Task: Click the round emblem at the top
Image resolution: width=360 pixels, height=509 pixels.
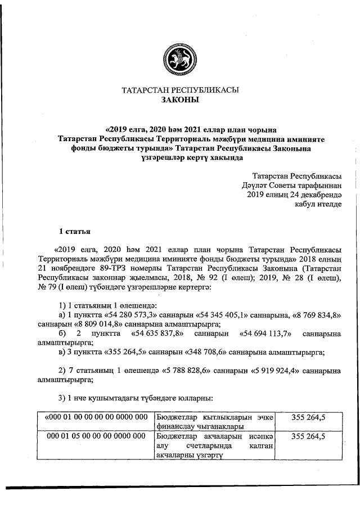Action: click(x=180, y=56)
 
